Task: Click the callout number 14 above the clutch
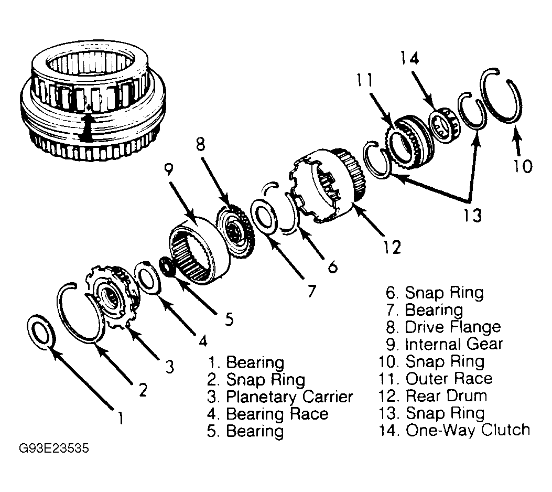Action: [x=409, y=58]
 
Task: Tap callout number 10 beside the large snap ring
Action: [x=523, y=166]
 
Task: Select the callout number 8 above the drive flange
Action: [x=201, y=144]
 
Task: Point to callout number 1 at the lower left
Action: [x=121, y=418]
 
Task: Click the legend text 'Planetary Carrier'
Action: [x=289, y=397]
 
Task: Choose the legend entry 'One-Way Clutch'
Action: [x=468, y=430]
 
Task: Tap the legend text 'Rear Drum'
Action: [x=447, y=395]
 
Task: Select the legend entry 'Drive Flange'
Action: [x=453, y=327]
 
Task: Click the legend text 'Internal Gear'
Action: [x=454, y=344]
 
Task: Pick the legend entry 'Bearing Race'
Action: [x=277, y=414]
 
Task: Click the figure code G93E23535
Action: [x=54, y=448]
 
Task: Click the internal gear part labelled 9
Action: [x=199, y=251]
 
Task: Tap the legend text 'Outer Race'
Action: [x=449, y=379]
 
